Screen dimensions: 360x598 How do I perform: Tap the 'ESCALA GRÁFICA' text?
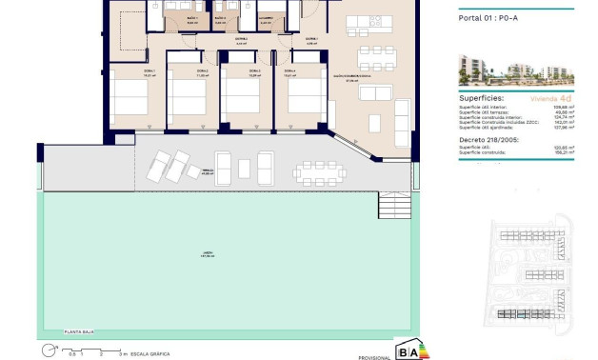151,353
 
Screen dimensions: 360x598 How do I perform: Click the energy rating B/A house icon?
410,350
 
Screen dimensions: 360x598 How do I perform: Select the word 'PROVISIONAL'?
373,356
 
